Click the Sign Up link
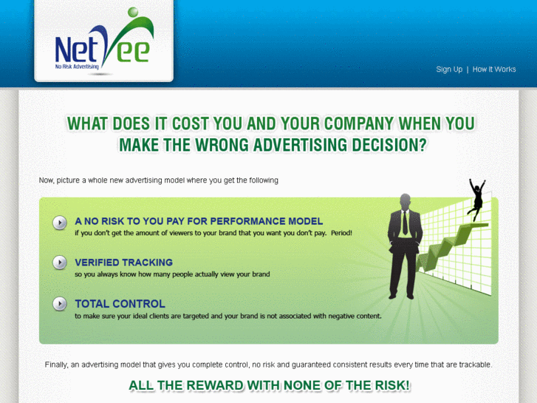click(x=449, y=70)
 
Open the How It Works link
click(x=494, y=70)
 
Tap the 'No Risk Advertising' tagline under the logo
click(x=77, y=67)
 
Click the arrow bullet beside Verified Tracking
click(x=60, y=263)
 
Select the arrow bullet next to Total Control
click(x=60, y=304)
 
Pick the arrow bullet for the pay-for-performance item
click(x=60, y=223)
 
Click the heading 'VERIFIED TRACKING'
click(x=123, y=263)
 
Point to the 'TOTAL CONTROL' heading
click(x=120, y=304)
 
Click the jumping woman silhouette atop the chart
click(x=477, y=196)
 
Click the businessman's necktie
click(x=405, y=223)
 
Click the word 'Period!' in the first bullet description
click(x=341, y=234)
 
